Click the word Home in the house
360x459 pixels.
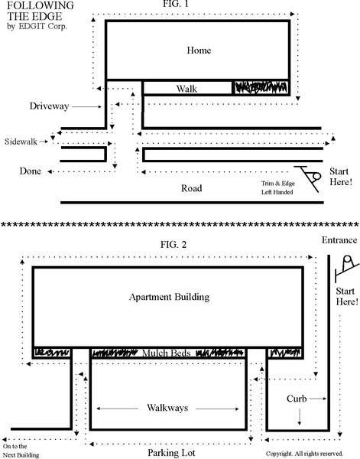pyautogui.click(x=199, y=50)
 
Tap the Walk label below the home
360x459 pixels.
pyautogui.click(x=186, y=89)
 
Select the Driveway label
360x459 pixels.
pyautogui.click(x=49, y=106)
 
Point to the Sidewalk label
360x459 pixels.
pyautogui.click(x=21, y=142)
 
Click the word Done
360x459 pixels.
pyautogui.click(x=30, y=171)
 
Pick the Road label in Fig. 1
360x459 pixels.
pyautogui.click(x=192, y=188)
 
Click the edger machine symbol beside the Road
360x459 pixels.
pyautogui.click(x=308, y=178)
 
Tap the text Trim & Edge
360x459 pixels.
pyautogui.click(x=277, y=184)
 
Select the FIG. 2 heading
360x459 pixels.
pyautogui.click(x=174, y=244)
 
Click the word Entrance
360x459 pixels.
pyautogui.click(x=339, y=240)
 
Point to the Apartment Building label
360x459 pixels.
pyautogui.click(x=170, y=297)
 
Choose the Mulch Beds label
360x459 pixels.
pyautogui.click(x=167, y=353)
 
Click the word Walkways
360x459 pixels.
pyautogui.click(x=167, y=408)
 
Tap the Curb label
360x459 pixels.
pyautogui.click(x=297, y=399)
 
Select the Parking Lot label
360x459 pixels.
pyautogui.click(x=171, y=453)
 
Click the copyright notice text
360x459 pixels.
pyautogui.click(x=304, y=454)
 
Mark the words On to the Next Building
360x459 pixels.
pyautogui.click(x=21, y=451)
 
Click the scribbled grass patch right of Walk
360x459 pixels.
pyautogui.click(x=261, y=87)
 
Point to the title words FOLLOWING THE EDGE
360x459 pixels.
pyautogui.click(x=41, y=11)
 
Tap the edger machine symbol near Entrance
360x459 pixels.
pyautogui.click(x=347, y=269)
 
